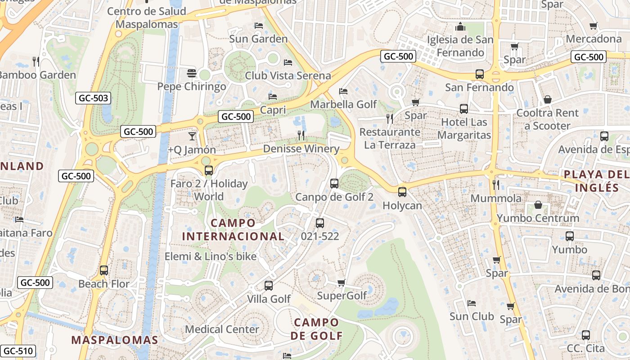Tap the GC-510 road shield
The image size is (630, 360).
tap(18, 351)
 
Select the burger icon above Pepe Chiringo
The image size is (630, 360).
tap(192, 73)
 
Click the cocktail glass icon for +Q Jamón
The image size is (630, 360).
tap(192, 136)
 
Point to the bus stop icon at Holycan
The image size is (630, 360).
tap(402, 192)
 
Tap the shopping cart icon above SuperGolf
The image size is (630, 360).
tap(341, 283)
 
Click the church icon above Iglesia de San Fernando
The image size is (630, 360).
tap(460, 27)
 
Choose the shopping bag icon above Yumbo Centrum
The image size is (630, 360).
tap(538, 205)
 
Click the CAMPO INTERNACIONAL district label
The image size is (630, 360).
tap(233, 229)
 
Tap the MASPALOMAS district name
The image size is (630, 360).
tap(115, 340)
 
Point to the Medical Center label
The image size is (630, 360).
tap(222, 329)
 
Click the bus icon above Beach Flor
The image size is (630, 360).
tap(104, 270)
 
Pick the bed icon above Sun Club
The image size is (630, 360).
tap(472, 303)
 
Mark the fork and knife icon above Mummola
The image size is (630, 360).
tap(495, 184)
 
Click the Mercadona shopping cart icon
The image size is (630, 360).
tap(594, 26)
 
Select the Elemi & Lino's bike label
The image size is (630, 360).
tap(210, 256)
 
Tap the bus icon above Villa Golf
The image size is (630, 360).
tap(269, 285)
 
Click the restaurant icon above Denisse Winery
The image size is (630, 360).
tap(301, 135)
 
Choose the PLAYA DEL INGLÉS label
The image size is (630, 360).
tap(596, 181)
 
